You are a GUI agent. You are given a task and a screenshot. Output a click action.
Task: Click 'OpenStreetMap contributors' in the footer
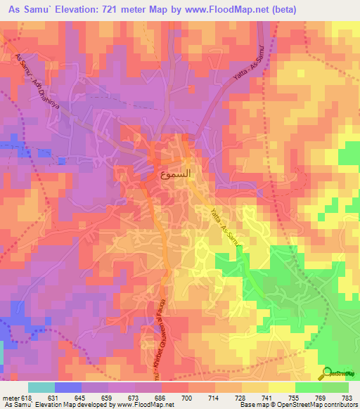[x=326, y=405]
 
